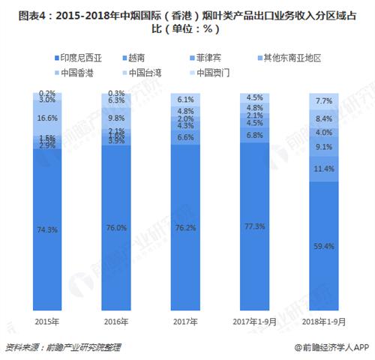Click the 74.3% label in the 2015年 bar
46,229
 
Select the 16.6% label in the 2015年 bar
46,118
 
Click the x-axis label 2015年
46,321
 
